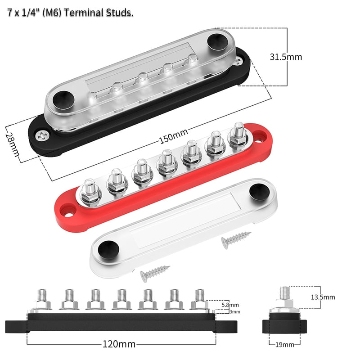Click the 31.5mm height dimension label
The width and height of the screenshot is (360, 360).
[x=286, y=57]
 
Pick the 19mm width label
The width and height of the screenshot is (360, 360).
[x=284, y=345]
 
